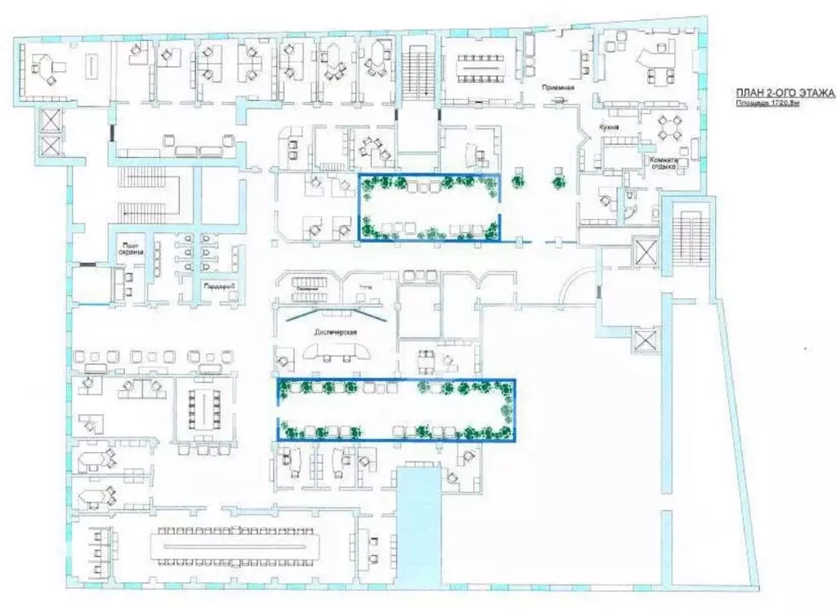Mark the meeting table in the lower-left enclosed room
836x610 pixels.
[x=199, y=407]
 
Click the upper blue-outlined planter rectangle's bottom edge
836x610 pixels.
[x=429, y=241]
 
